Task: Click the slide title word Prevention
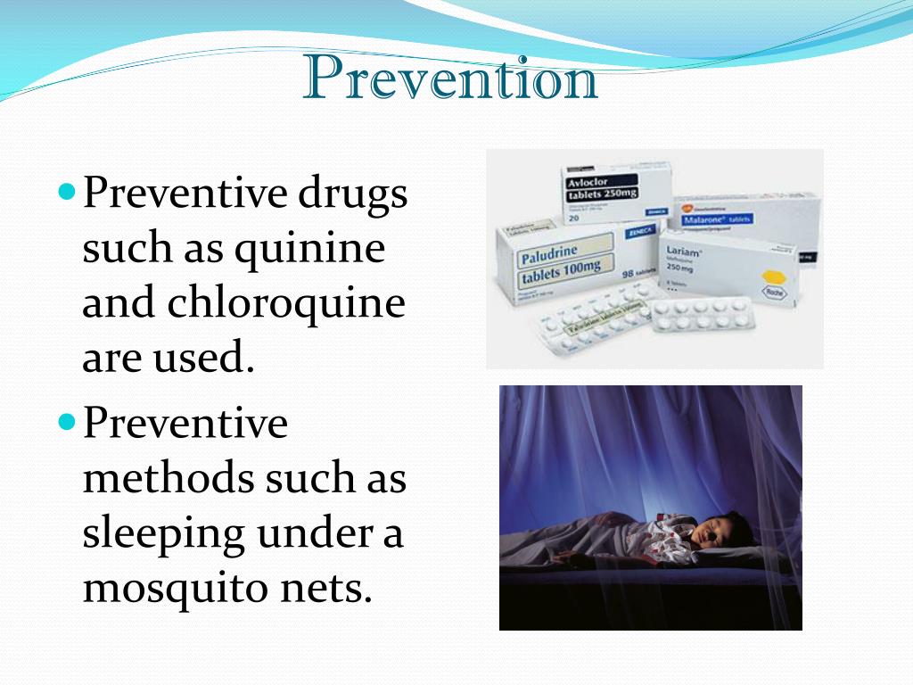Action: coord(450,78)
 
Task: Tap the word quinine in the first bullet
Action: coord(310,250)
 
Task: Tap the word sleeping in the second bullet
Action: coord(164,534)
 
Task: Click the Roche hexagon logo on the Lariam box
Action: coord(772,290)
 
